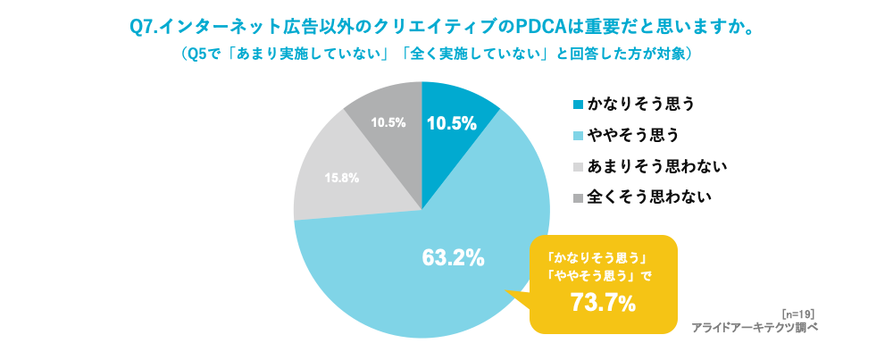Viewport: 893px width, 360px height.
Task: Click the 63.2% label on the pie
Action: (453, 259)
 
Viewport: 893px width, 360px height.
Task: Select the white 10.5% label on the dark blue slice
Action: (451, 124)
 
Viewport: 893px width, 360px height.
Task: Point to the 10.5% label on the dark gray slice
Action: (389, 122)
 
